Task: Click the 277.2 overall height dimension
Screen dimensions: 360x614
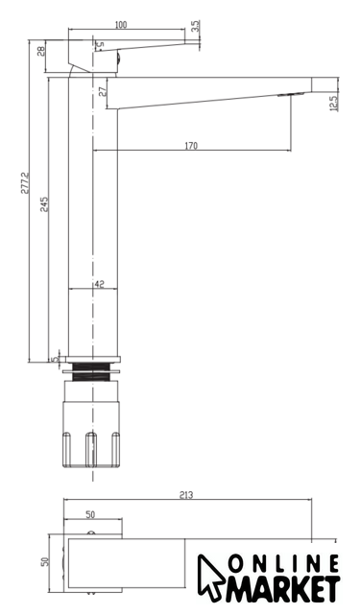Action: coord(26,182)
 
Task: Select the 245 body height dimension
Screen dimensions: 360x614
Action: coord(45,204)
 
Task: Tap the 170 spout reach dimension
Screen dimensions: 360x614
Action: coord(191,146)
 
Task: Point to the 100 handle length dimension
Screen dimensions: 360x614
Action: coord(121,25)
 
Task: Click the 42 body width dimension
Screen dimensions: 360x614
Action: coord(100,284)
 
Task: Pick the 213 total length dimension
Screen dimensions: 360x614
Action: coord(186,495)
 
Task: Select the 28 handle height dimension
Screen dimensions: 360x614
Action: coord(41,51)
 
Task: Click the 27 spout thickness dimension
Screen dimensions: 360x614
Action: coord(103,92)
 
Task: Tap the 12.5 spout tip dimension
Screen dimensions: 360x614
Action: coord(334,104)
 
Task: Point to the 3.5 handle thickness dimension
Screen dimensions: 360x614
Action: coord(196,26)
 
